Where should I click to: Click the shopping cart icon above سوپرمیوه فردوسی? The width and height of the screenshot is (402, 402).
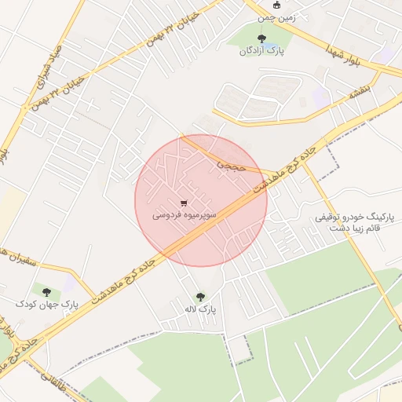point(184,201)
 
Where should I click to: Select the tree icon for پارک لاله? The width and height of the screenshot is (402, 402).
point(200,298)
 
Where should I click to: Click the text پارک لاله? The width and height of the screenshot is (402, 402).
point(200,311)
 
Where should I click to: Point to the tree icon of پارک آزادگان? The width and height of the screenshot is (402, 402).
point(261,38)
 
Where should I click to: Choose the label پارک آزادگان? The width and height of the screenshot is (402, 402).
point(261,51)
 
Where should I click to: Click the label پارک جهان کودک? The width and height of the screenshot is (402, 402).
point(48,304)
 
